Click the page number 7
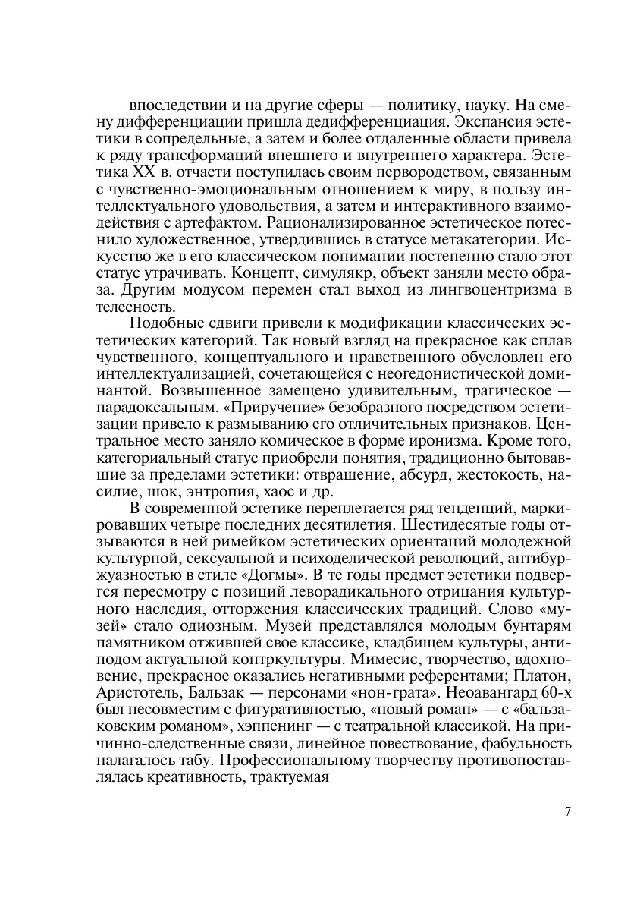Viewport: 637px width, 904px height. click(x=568, y=811)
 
